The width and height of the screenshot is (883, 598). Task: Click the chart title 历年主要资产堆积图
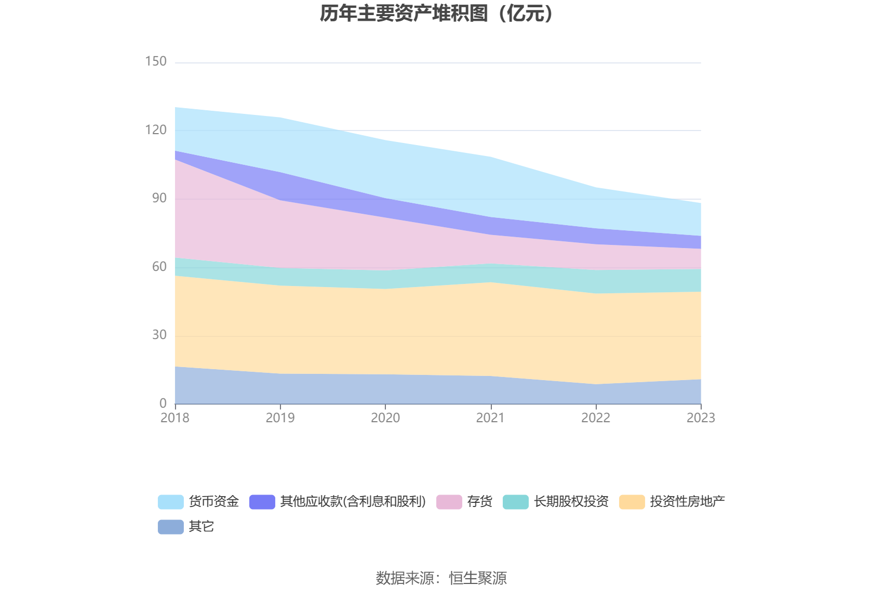pos(436,14)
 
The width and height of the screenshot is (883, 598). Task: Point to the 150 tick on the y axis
pos(156,61)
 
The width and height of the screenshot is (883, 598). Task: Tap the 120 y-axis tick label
pos(156,130)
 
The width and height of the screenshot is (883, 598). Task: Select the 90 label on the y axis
pos(159,198)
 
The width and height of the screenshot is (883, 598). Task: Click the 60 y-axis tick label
pos(159,267)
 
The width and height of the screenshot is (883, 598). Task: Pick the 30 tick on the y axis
pos(159,335)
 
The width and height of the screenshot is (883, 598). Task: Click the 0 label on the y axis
pos(163,403)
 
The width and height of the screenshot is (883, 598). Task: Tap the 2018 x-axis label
pos(175,418)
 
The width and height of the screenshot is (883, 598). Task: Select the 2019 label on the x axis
pos(280,418)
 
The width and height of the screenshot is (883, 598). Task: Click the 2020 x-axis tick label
pos(385,418)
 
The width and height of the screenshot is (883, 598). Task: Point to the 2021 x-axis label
pos(490,418)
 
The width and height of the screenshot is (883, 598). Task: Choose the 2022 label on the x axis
pos(596,418)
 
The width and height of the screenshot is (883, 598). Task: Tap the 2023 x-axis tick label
pos(701,418)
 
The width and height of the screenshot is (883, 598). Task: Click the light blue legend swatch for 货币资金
pos(171,502)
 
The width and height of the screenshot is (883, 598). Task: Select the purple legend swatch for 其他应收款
pos(262,502)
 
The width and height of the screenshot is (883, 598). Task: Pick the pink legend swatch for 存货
pos(449,502)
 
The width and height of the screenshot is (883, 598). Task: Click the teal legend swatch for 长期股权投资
pos(516,502)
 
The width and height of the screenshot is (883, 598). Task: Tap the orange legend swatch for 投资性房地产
pos(632,502)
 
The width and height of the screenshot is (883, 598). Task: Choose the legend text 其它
pos(202,527)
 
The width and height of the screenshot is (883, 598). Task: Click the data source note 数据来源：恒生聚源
pos(441,578)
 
